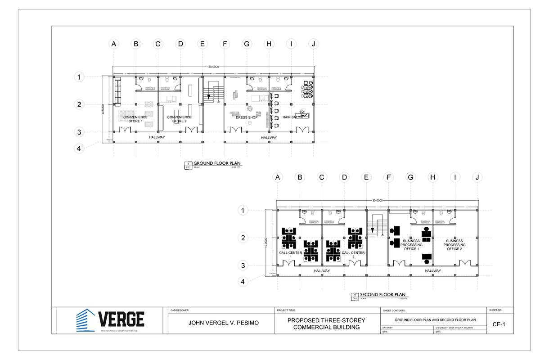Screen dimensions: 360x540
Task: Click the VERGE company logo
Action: pos(110,320)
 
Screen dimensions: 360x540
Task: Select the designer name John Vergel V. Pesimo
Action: pos(220,323)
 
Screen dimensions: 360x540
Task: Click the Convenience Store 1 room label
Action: pos(135,119)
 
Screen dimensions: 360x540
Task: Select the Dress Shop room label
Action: pos(247,117)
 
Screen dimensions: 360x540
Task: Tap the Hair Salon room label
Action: pos(292,117)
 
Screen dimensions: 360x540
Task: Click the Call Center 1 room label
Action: pos(291,255)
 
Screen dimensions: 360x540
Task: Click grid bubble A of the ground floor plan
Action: pos(114,44)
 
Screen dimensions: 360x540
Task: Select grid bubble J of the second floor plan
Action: pos(477,177)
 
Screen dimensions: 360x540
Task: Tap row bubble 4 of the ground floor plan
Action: pos(79,148)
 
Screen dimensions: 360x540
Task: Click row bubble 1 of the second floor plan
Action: pos(243,210)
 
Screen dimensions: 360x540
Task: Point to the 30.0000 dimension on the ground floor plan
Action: pos(213,67)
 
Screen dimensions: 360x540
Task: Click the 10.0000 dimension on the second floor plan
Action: pos(266,243)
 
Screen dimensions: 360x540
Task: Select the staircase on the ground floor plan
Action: pos(213,93)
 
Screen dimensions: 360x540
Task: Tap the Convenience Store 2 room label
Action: pos(179,119)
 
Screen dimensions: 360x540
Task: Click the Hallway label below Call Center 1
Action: pos(322,271)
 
